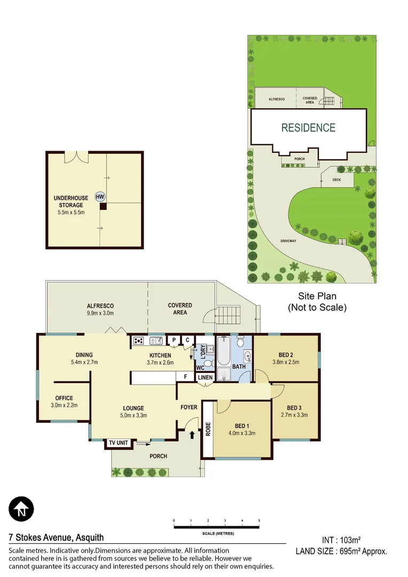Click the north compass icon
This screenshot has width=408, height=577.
21,508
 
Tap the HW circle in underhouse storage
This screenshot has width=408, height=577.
100,196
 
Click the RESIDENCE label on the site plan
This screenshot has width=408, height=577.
309,128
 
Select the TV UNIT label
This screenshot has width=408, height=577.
118,443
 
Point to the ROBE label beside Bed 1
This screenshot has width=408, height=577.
208,430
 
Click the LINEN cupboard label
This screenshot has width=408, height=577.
206,378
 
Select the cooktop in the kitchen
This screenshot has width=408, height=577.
138,340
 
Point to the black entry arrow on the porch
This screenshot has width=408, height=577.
192,435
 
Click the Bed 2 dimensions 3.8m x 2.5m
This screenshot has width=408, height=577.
286,362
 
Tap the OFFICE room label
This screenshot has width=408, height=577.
64,398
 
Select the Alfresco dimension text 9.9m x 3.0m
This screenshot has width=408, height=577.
100,313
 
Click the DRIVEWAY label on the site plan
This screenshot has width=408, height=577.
288,241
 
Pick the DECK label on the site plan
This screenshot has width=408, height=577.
336,180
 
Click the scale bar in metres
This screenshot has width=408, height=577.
216,527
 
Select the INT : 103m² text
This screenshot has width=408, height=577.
344,540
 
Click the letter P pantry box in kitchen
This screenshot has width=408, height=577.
174,340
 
